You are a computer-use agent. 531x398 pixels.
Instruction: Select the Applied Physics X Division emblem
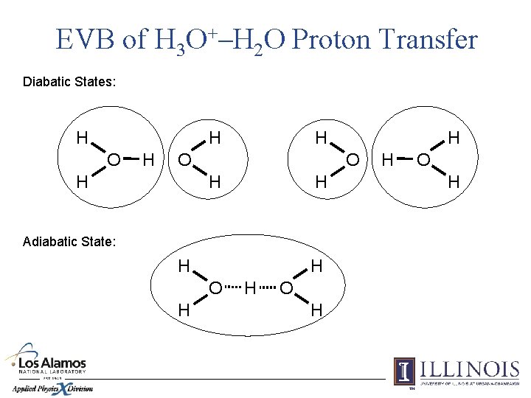(52, 388)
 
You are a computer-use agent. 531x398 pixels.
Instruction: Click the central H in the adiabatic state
(251, 286)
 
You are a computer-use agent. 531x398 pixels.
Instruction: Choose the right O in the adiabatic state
(287, 286)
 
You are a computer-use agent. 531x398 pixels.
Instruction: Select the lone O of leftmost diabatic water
(184, 158)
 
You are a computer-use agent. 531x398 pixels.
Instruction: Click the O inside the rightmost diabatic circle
(423, 158)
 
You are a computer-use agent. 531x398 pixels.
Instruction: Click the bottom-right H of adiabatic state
(316, 310)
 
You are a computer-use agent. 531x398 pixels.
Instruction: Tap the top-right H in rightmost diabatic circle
(454, 138)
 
